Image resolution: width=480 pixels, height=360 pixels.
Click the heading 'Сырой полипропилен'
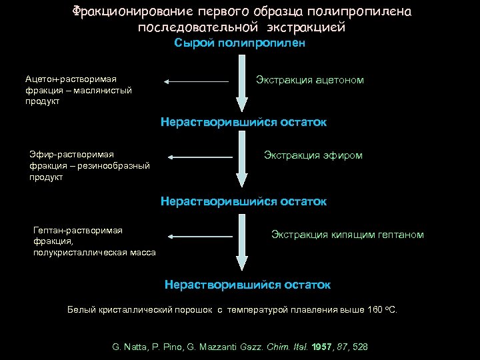(240, 43)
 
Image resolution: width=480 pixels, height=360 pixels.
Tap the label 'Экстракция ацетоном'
(310, 80)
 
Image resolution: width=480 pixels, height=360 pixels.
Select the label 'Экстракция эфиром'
(313, 155)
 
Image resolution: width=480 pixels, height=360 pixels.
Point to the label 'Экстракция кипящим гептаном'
(347, 234)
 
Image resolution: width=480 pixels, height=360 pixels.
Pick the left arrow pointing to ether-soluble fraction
(201, 157)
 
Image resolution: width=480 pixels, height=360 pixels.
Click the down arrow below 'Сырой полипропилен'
(241, 87)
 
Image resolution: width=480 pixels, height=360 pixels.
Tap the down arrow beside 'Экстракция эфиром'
(241, 163)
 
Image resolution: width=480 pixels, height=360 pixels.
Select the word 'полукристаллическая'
(77, 252)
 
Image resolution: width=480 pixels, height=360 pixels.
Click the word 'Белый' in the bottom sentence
(82, 310)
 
